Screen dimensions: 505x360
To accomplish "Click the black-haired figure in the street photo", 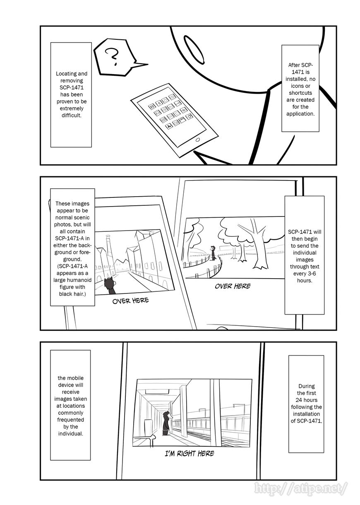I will pyautogui.click(x=110, y=286).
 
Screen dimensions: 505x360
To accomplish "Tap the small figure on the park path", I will pyautogui.click(x=213, y=252).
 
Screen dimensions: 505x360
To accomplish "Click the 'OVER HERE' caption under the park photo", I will pyautogui.click(x=233, y=286).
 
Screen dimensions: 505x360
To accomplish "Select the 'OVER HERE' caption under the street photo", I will pyautogui.click(x=130, y=301).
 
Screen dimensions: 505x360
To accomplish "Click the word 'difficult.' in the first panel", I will pyautogui.click(x=71, y=115).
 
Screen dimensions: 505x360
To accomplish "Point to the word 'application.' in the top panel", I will pyautogui.click(x=301, y=113).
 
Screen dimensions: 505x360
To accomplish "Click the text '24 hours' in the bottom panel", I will pyautogui.click(x=306, y=400).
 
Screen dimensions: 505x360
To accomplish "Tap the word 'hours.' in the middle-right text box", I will pyautogui.click(x=304, y=280).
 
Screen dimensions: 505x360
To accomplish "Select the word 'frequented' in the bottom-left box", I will pyautogui.click(x=71, y=419).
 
